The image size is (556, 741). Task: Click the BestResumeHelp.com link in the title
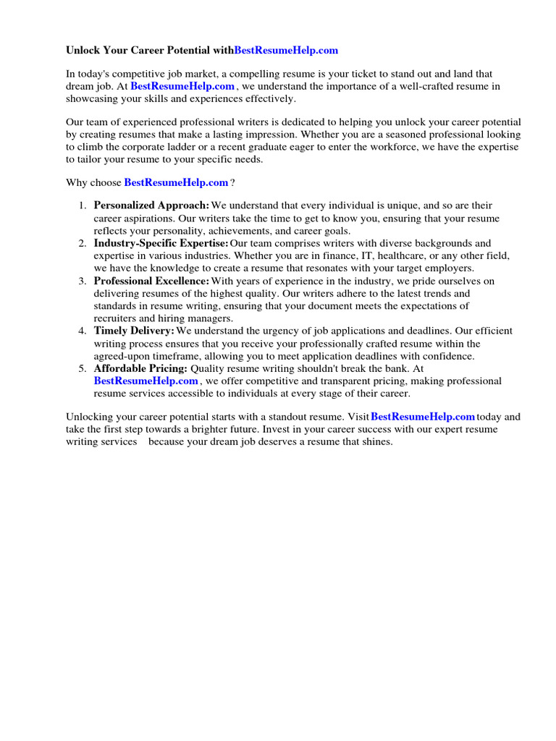click(286, 51)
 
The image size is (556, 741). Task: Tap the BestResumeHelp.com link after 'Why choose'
click(176, 183)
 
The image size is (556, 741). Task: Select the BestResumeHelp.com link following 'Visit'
click(423, 417)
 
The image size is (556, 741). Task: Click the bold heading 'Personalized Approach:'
click(151, 206)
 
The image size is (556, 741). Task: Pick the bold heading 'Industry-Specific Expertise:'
click(161, 243)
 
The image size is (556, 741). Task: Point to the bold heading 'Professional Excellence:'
click(151, 281)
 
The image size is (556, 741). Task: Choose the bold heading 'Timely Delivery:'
click(134, 331)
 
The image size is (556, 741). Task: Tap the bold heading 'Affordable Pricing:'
click(140, 368)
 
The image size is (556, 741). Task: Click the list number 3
click(83, 281)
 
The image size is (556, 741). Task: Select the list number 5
click(83, 368)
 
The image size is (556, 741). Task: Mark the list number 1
click(83, 206)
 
